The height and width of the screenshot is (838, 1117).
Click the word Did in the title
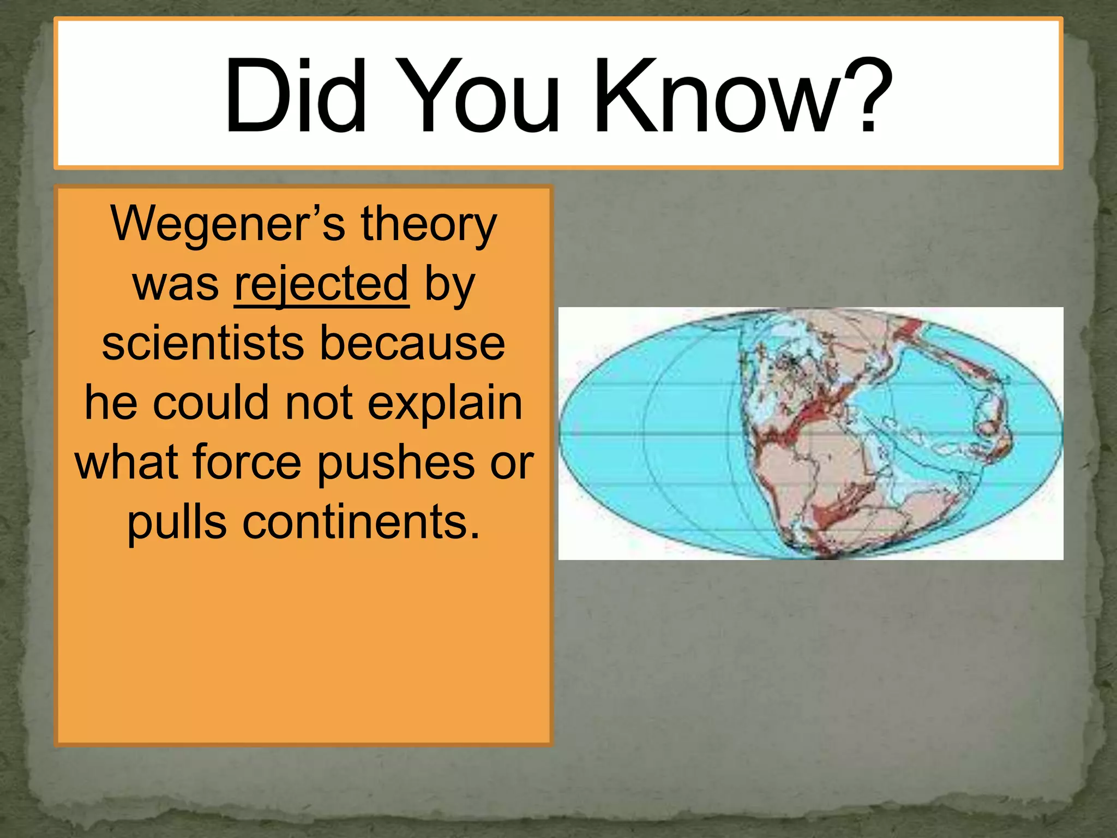[x=295, y=97]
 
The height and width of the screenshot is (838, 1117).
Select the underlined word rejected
[x=321, y=284]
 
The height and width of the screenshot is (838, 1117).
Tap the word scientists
[x=203, y=343]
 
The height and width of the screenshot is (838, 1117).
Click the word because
[x=412, y=343]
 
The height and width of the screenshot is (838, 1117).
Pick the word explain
[x=445, y=404]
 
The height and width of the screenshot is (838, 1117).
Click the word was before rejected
[x=176, y=284]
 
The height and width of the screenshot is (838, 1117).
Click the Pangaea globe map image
[x=810, y=433]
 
